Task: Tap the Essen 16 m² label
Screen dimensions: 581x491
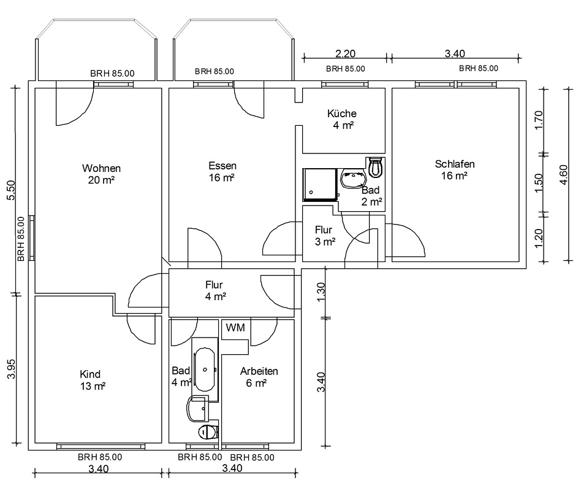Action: coord(222,171)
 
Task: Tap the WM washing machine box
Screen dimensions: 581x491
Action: coord(235,327)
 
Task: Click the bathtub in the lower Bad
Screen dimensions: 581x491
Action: coord(205,369)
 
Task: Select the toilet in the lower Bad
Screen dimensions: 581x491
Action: coord(208,431)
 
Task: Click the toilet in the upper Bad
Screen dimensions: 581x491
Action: coord(375,168)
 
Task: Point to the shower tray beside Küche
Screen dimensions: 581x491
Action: coord(320,185)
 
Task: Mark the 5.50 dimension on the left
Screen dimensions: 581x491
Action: coord(11,190)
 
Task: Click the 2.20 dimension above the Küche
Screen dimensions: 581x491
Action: coord(345,54)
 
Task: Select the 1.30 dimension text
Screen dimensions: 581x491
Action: coord(321,292)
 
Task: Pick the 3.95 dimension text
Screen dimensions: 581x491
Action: coord(11,368)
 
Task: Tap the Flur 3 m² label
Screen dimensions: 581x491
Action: coord(325,236)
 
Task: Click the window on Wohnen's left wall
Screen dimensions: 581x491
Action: coord(32,238)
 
